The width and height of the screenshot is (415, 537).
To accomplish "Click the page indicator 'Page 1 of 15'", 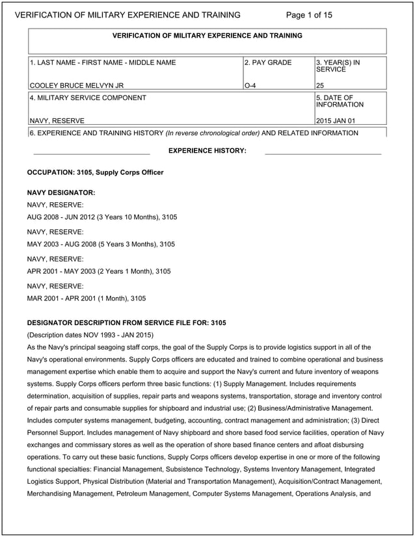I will click(x=309, y=15).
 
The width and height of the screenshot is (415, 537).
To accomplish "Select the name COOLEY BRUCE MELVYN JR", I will click(x=77, y=85).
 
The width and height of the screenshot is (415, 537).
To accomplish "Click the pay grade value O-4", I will click(x=250, y=85).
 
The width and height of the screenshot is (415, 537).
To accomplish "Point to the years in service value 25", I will click(x=320, y=85).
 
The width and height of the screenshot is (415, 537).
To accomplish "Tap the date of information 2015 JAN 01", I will click(x=336, y=120).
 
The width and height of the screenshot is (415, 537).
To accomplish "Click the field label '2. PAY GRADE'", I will click(x=268, y=63).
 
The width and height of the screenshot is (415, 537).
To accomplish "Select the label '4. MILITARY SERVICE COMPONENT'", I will click(x=88, y=98).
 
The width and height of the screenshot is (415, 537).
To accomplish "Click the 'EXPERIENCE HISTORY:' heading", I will click(x=207, y=151).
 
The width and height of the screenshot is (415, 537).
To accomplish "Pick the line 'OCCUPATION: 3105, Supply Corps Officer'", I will click(x=95, y=172).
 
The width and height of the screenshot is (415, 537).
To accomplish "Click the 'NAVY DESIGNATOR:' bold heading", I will click(x=61, y=193).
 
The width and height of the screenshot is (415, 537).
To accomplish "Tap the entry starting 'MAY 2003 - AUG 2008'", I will click(x=100, y=244).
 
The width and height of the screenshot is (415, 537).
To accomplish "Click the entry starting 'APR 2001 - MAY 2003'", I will click(x=98, y=271).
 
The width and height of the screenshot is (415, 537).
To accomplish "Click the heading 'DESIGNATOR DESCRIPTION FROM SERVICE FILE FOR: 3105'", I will click(x=126, y=323).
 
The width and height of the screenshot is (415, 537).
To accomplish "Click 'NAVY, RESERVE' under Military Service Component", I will click(x=57, y=120).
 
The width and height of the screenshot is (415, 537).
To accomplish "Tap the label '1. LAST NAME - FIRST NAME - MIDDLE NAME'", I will click(x=103, y=63).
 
